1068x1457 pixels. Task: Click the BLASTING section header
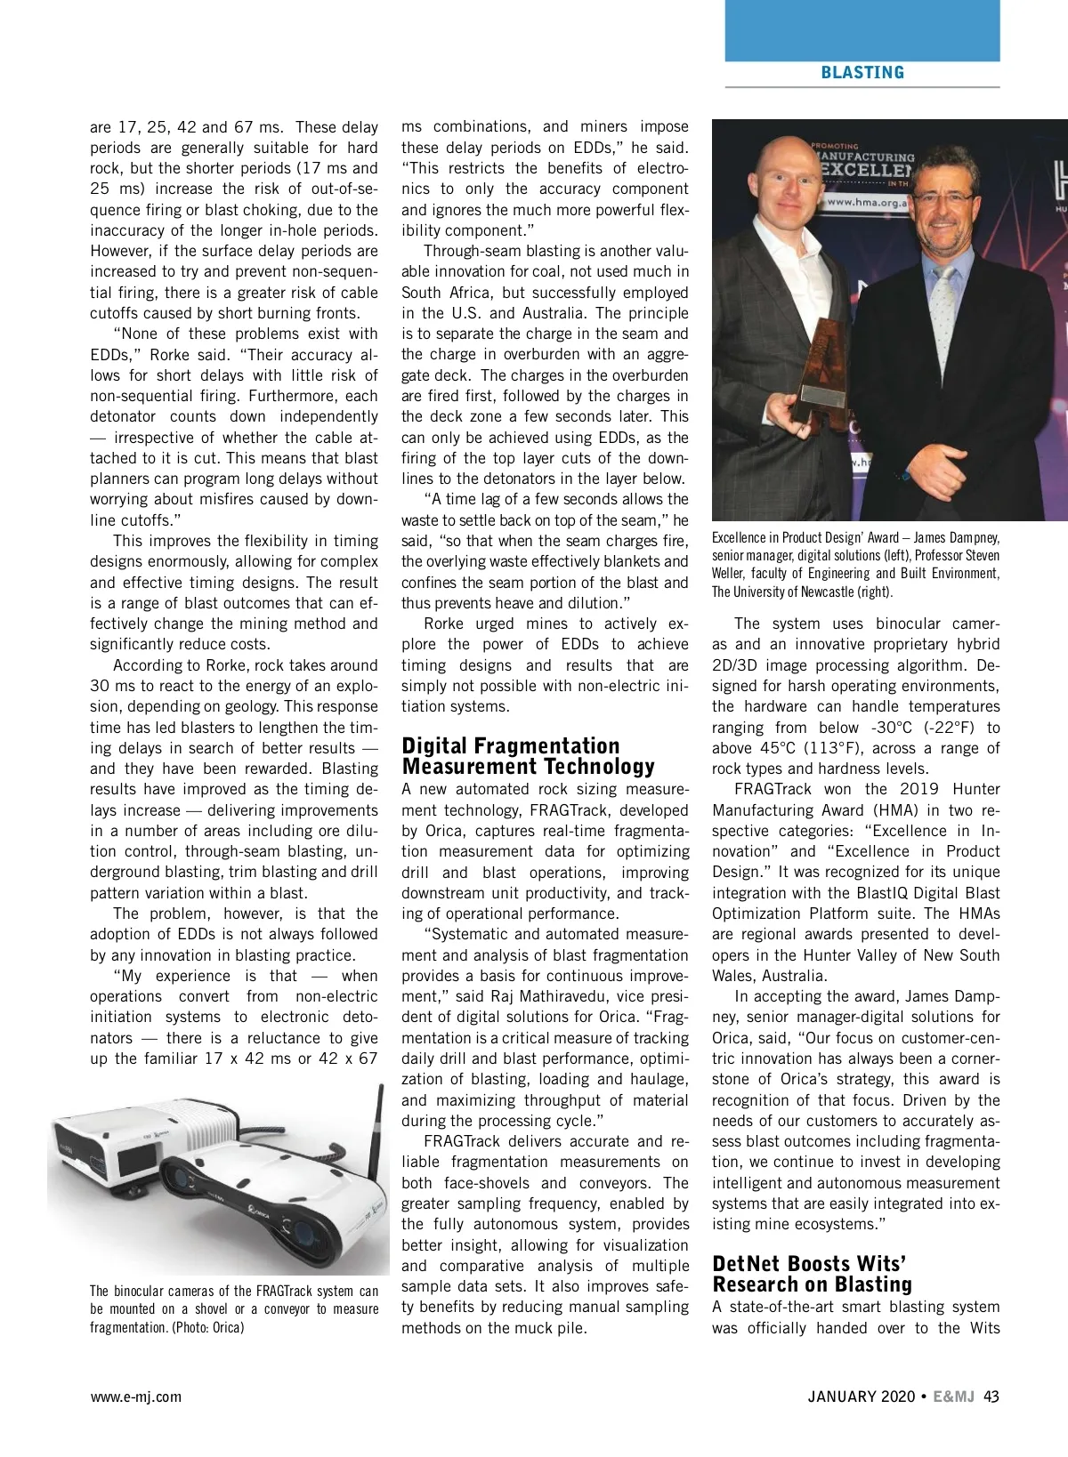coord(862,73)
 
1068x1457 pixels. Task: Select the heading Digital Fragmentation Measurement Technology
coord(528,756)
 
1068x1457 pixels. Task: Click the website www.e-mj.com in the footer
coord(135,1397)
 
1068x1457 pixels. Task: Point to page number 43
coord(991,1397)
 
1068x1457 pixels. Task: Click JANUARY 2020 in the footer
coord(861,1397)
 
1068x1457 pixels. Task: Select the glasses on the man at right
coord(943,198)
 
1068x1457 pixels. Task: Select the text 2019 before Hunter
coord(920,789)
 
